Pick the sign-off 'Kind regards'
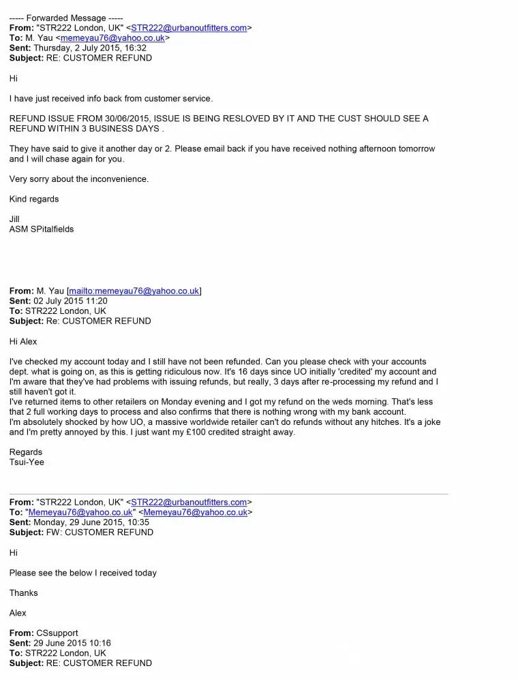(34, 199)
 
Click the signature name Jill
(14, 219)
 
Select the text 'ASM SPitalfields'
(42, 229)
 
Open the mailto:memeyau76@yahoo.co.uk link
(134, 291)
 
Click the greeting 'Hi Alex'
(23, 341)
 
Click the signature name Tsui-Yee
(27, 462)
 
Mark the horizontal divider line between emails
(228, 494)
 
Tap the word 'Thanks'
(24, 593)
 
